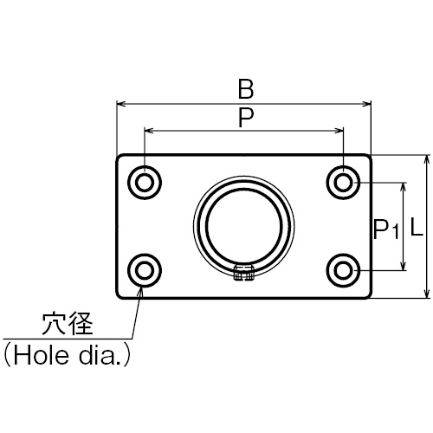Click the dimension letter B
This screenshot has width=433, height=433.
[x=246, y=89]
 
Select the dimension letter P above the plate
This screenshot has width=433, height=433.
[x=246, y=118]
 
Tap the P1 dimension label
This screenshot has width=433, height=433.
[x=386, y=229]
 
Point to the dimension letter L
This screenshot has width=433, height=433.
[x=417, y=227]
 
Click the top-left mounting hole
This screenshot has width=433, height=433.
[x=145, y=183]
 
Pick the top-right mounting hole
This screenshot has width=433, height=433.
[x=344, y=183]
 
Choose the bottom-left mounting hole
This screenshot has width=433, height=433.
[x=145, y=270]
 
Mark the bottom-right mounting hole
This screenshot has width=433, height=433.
[x=344, y=270]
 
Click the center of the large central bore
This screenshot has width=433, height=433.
[x=244, y=226]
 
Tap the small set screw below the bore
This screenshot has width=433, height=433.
[x=244, y=273]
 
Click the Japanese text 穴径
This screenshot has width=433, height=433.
[x=68, y=324]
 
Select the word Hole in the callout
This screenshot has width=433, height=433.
[x=42, y=355]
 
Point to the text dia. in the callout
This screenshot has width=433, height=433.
[x=101, y=355]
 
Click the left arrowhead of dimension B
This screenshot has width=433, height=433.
[x=120, y=104]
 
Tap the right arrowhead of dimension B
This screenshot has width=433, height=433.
[x=366, y=104]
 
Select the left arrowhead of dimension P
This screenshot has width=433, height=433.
[x=149, y=131]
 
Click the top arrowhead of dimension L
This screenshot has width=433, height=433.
[x=427, y=160]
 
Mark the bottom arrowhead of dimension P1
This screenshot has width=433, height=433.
[x=404, y=266]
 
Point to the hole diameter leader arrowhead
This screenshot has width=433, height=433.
[x=140, y=292]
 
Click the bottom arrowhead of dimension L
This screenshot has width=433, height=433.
[x=427, y=294]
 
